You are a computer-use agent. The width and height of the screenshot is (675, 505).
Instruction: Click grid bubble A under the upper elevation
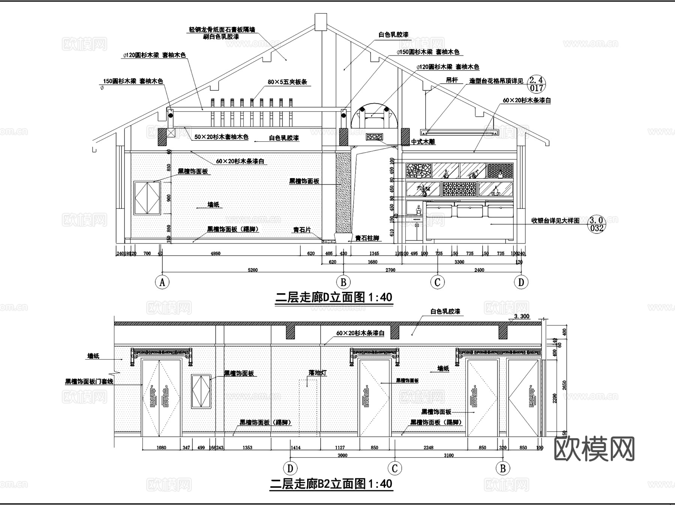[x=162, y=282]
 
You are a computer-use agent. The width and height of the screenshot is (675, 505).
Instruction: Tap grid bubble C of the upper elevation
[x=437, y=282]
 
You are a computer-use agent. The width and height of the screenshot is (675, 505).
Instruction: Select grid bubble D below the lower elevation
[x=290, y=468]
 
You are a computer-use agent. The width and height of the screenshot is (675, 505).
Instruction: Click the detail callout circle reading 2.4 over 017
[x=537, y=84]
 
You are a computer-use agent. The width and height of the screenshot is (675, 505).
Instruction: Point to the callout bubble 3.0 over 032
[x=597, y=224]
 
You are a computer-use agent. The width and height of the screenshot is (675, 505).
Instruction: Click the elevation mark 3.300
[x=521, y=316]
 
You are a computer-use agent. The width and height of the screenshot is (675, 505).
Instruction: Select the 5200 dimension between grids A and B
[x=253, y=270]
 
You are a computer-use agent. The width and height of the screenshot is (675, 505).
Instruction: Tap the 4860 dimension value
[x=215, y=253]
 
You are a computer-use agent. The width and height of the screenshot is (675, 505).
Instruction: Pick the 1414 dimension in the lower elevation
[x=295, y=447]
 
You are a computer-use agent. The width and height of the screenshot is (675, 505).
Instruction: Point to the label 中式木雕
[x=423, y=142]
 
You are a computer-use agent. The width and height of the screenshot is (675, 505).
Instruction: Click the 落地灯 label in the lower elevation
[x=318, y=373]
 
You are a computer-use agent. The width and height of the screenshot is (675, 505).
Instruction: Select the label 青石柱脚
[x=367, y=238]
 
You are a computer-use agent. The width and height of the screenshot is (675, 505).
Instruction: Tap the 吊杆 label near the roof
[x=451, y=80]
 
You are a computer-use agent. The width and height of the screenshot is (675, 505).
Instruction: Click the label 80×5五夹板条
[x=287, y=82]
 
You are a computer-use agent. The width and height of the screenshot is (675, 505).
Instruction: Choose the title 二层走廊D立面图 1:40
[x=334, y=298]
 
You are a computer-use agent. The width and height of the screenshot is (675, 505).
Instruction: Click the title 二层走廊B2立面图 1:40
[x=331, y=484]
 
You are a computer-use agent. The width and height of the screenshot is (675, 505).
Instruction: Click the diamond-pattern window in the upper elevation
[x=147, y=198]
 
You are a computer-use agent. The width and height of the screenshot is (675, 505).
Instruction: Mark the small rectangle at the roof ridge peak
[x=321, y=21]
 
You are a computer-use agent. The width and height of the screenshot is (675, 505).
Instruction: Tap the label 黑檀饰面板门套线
[x=89, y=382]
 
